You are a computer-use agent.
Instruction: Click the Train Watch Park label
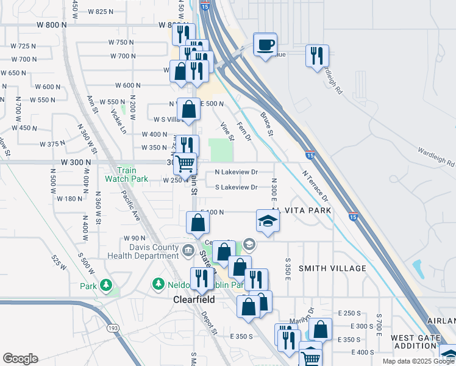(126, 175)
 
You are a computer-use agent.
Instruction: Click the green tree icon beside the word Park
(106, 285)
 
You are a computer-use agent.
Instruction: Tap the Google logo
(20, 359)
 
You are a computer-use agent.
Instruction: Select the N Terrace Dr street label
(315, 186)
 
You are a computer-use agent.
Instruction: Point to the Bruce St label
(267, 124)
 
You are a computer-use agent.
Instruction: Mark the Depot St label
(209, 323)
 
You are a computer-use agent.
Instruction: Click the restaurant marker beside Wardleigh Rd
(316, 56)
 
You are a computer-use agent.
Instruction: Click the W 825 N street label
(101, 12)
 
